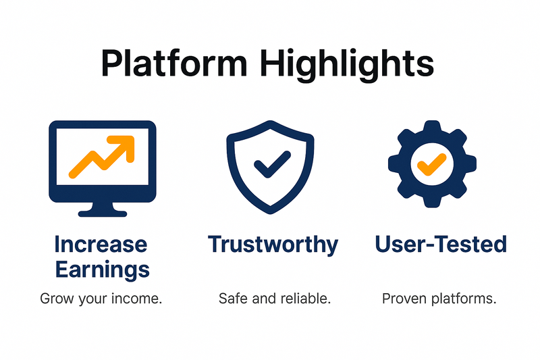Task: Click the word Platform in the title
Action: click(174, 63)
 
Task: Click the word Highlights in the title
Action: click(347, 66)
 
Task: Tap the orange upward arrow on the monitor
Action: click(102, 157)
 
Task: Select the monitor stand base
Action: click(103, 213)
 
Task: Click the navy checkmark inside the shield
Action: click(272, 164)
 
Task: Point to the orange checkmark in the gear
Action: click(431, 164)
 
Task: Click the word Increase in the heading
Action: click(101, 245)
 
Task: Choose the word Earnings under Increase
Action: click(103, 269)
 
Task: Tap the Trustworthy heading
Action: click(273, 245)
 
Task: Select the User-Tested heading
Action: click(441, 244)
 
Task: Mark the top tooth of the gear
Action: click(432, 127)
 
